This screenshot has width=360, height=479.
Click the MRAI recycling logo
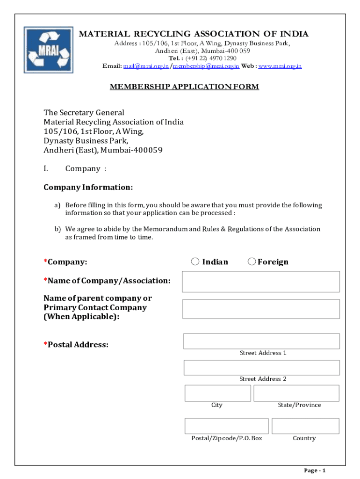coord(49,50)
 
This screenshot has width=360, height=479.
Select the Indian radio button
coord(195,261)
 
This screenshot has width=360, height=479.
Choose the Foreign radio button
coord(252,261)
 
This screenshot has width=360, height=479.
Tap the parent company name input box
coord(261,309)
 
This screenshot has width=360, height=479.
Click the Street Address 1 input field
coord(261,341)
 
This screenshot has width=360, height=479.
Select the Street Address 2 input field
coord(261,368)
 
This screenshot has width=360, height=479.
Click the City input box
coord(217,393)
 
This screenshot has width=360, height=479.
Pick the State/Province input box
coord(296,393)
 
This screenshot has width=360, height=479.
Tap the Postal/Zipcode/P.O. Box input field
coord(226,426)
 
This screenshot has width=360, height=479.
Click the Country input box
coord(305,426)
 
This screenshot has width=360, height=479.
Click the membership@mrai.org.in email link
coord(206,66)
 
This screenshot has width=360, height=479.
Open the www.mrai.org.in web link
coord(280,66)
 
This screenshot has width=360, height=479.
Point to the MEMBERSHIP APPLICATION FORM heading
coord(184,87)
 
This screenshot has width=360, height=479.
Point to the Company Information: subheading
coord(88,187)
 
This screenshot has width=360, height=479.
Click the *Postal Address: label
coord(76,345)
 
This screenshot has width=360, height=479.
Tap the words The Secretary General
coord(84,112)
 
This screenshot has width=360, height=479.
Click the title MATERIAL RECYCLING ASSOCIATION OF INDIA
coord(193,34)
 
